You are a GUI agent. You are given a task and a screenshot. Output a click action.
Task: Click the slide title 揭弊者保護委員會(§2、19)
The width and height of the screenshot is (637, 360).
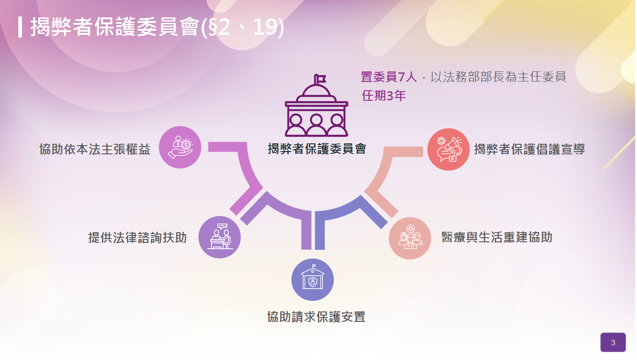coord(157,27)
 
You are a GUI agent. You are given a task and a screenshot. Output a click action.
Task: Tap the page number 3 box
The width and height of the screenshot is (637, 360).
coord(613,343)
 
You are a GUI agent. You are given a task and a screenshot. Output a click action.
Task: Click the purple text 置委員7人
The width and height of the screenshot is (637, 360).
coord(389,77)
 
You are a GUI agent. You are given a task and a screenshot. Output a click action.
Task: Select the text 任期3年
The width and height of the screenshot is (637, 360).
coord(384,96)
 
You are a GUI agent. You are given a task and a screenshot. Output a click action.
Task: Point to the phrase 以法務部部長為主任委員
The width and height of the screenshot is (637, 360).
coord(498,77)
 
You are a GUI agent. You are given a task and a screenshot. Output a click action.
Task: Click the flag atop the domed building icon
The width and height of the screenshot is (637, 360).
coord(321,78)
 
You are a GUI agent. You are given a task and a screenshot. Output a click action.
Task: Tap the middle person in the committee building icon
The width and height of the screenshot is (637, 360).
coord(316,125)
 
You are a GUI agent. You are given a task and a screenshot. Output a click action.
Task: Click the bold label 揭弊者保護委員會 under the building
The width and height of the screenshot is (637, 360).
coord(317,149)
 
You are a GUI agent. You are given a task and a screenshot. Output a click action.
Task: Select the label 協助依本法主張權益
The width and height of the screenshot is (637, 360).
coord(95,149)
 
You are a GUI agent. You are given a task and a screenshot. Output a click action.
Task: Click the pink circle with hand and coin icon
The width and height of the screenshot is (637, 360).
coord(180,147)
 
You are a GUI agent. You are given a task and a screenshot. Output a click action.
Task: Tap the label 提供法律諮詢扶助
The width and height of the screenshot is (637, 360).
coord(137,237)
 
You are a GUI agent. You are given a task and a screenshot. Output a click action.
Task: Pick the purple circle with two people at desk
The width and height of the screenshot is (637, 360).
coord(219,237)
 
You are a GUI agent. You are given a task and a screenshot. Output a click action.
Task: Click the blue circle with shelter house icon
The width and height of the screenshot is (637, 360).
coord(312,279)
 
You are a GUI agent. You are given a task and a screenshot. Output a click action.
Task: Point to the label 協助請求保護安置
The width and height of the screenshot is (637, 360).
coord(316,317)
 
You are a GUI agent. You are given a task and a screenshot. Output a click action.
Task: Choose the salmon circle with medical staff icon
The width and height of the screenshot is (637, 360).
coord(410,238)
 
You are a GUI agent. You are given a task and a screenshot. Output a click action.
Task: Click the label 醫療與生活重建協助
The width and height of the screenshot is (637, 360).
coord(497,237)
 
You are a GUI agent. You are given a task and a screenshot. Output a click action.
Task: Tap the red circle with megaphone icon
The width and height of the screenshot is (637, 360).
coord(448,149)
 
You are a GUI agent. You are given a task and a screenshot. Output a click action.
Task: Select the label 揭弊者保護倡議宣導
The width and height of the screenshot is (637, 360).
coord(529,149)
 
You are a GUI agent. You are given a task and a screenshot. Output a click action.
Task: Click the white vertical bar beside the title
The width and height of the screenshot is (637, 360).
coord(20,27)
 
